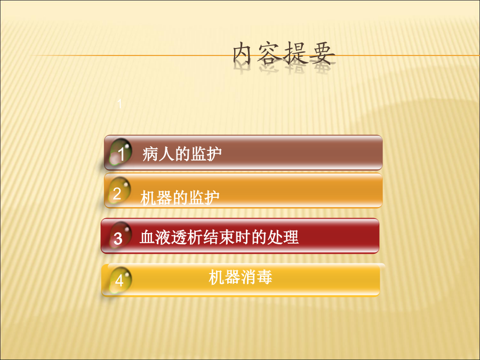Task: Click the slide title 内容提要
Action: click(x=284, y=53)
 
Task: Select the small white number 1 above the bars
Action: click(x=119, y=104)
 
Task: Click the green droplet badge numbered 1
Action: click(x=121, y=153)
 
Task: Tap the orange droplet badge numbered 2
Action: click(x=119, y=191)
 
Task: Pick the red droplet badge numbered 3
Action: click(x=119, y=236)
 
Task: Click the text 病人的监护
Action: click(x=182, y=154)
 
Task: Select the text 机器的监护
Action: click(x=180, y=197)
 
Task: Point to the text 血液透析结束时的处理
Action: click(x=219, y=237)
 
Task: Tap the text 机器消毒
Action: click(x=241, y=277)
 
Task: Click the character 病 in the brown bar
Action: click(x=150, y=154)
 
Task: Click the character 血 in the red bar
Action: click(x=147, y=237)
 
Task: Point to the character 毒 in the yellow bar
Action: click(x=265, y=277)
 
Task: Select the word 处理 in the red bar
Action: click(x=283, y=237)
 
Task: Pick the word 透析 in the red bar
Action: click(x=187, y=237)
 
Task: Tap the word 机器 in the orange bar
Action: click(x=156, y=197)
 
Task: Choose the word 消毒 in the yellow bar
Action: click(x=257, y=277)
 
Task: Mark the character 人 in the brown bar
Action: click(x=166, y=154)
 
